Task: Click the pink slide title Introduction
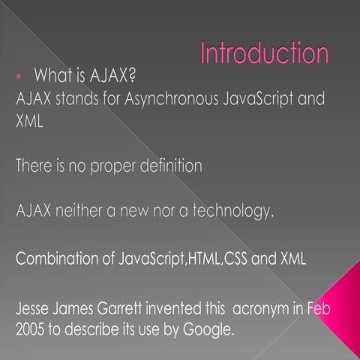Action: pyautogui.click(x=265, y=54)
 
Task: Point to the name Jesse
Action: pyautogui.click(x=32, y=310)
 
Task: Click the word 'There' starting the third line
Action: pyautogui.click(x=34, y=164)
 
